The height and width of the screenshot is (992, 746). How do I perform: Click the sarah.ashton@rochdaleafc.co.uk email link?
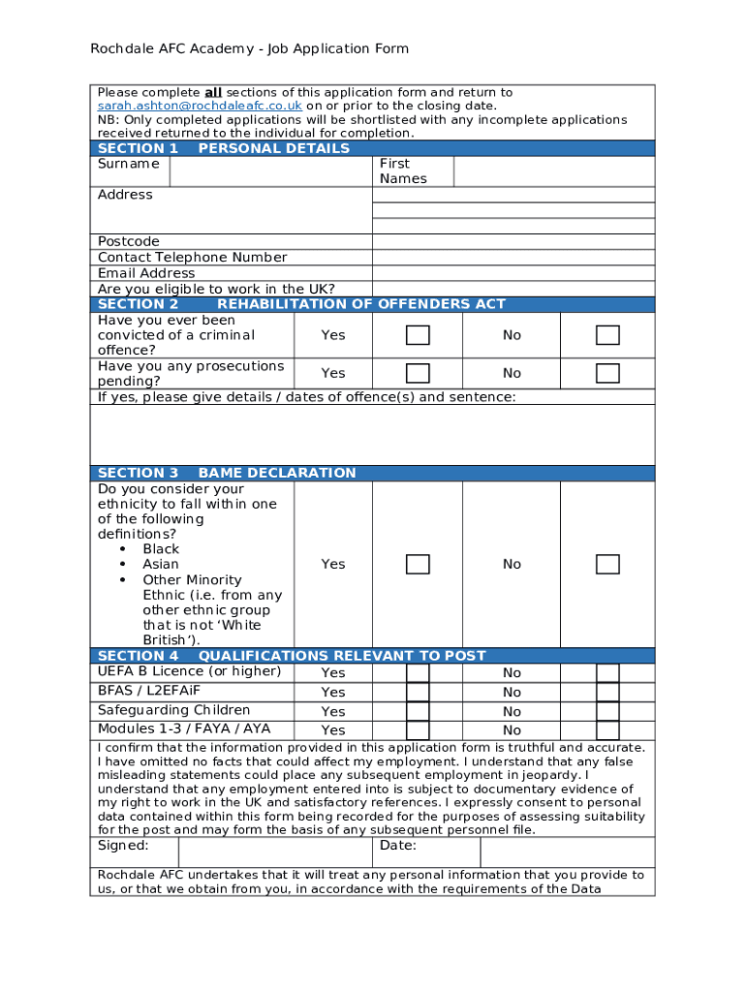click(200, 106)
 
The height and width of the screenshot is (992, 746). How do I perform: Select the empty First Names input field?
click(553, 171)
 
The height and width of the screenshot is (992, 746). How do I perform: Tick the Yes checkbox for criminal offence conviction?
click(418, 335)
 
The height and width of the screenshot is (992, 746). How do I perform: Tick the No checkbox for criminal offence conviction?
click(607, 335)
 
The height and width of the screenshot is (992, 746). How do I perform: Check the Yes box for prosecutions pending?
click(418, 373)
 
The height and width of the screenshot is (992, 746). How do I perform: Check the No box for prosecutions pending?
click(607, 373)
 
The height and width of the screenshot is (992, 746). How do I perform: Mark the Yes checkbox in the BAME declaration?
click(418, 564)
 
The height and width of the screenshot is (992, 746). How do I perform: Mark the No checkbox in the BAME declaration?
click(607, 564)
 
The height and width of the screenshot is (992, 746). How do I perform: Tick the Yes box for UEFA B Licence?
click(418, 673)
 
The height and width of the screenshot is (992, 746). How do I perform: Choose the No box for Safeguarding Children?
click(607, 711)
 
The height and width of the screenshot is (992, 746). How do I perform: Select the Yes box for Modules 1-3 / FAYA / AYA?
click(418, 730)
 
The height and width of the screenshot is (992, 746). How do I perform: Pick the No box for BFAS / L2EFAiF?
click(607, 692)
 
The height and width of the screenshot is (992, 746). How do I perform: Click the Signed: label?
click(123, 846)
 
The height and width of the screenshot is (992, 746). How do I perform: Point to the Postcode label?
click(129, 241)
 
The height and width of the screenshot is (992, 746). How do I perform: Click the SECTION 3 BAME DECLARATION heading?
click(227, 473)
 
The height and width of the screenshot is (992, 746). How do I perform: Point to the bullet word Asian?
click(161, 564)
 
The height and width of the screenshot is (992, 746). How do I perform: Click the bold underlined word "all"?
click(213, 92)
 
